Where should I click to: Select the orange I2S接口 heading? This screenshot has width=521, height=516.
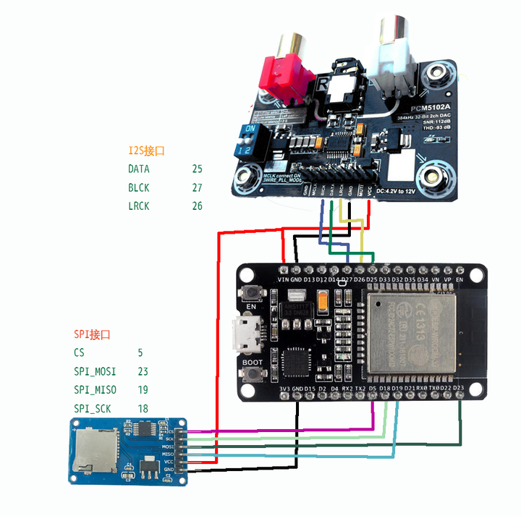pos(147,151)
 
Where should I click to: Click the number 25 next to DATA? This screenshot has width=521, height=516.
pos(197,169)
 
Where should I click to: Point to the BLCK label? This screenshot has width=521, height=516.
pos(139,187)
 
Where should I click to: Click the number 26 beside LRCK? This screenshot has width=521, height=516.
pos(197,206)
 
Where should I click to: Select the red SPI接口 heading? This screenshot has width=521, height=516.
pos(92,334)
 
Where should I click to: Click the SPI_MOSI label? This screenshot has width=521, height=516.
pos(95,371)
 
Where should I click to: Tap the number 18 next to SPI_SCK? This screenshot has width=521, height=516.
pos(143,409)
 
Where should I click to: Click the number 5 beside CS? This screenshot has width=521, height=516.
pos(140,353)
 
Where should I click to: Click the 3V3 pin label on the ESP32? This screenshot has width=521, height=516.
pos(284,389)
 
